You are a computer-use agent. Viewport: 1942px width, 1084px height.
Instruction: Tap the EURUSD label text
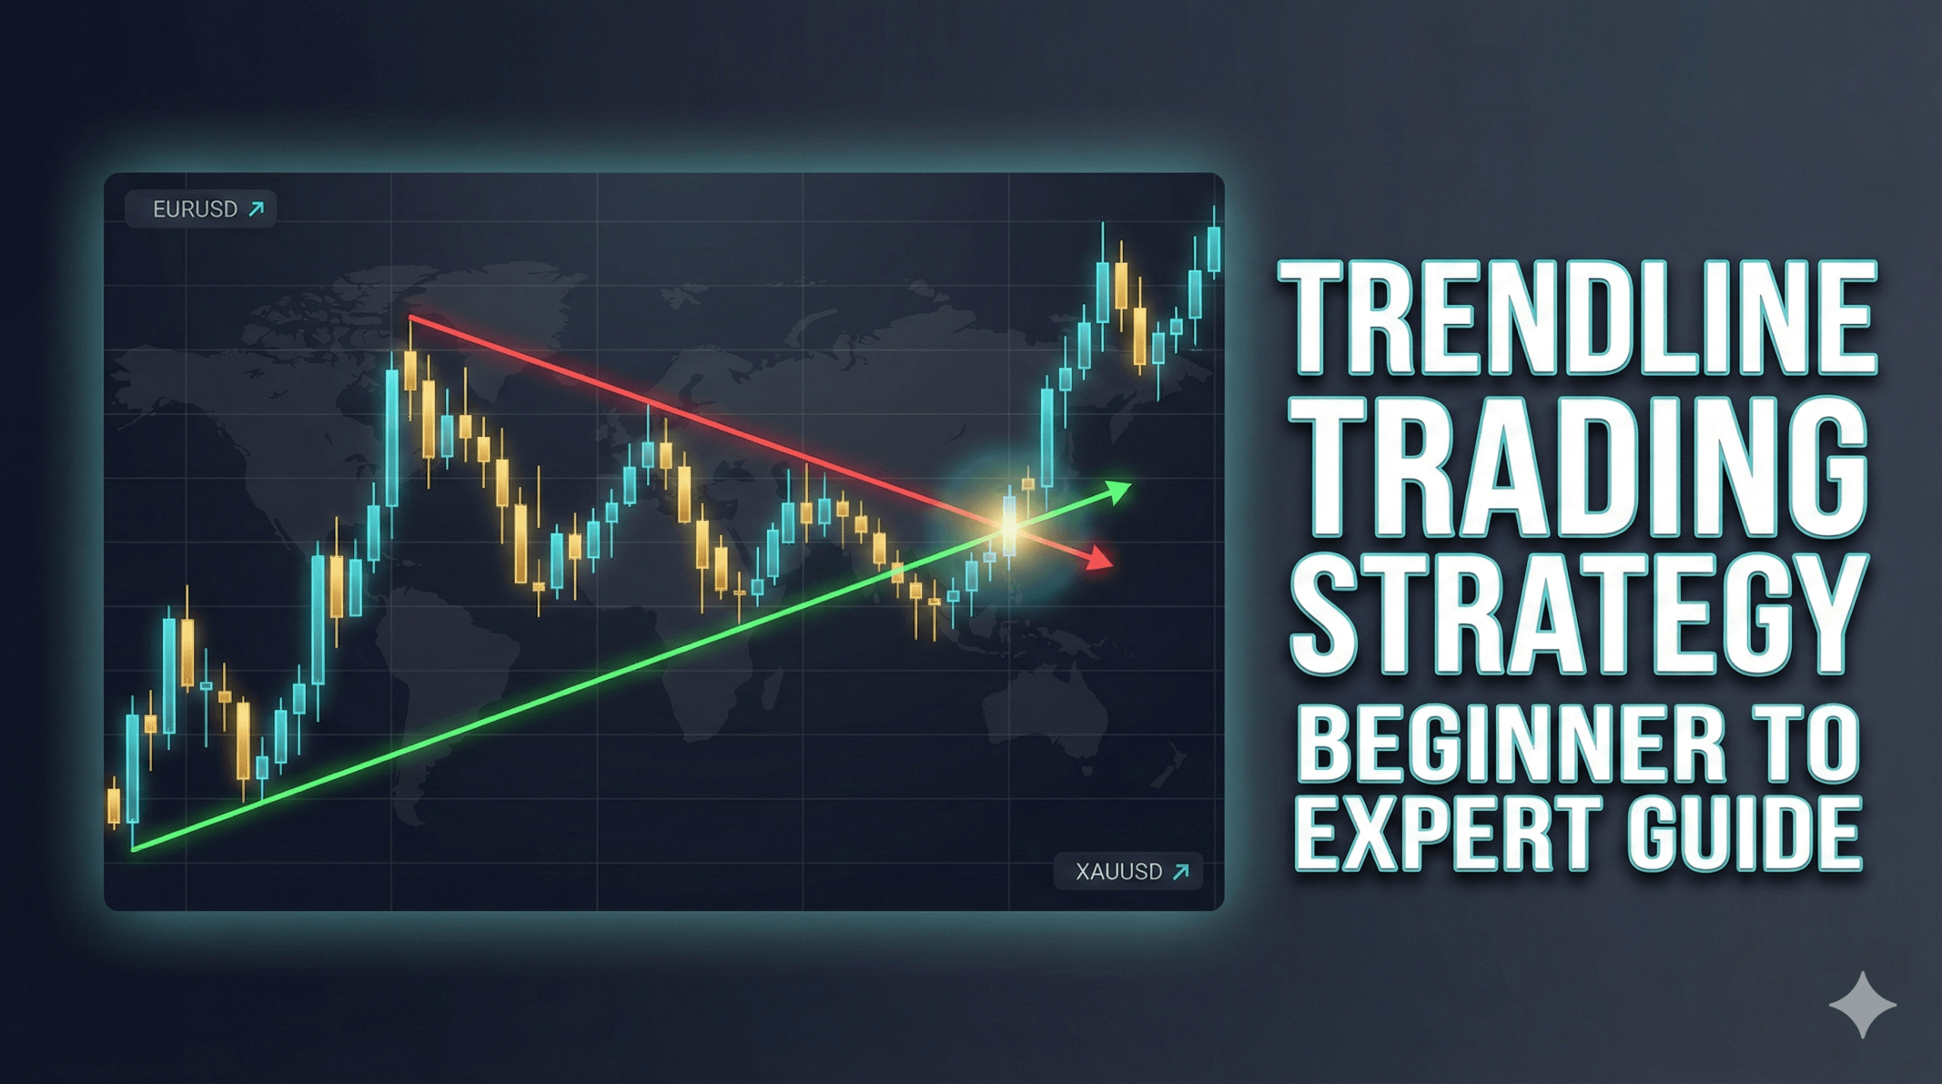pyautogui.click(x=195, y=209)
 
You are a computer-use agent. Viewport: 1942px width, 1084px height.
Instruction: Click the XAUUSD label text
pyautogui.click(x=1119, y=872)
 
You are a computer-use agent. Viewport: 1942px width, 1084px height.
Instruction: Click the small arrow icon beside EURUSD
pyautogui.click(x=256, y=209)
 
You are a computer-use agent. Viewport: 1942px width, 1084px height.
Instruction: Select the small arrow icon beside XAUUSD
pyautogui.click(x=1181, y=872)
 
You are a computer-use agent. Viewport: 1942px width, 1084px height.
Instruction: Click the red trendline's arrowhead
pyautogui.click(x=1100, y=559)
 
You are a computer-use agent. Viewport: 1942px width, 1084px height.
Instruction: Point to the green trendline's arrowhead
pyautogui.click(x=1119, y=491)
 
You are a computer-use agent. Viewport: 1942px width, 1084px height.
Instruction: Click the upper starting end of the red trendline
pyautogui.click(x=411, y=317)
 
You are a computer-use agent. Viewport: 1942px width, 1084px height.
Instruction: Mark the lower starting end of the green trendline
pyautogui.click(x=134, y=849)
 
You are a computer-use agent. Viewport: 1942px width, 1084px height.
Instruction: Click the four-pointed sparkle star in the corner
pyautogui.click(x=1862, y=1005)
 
